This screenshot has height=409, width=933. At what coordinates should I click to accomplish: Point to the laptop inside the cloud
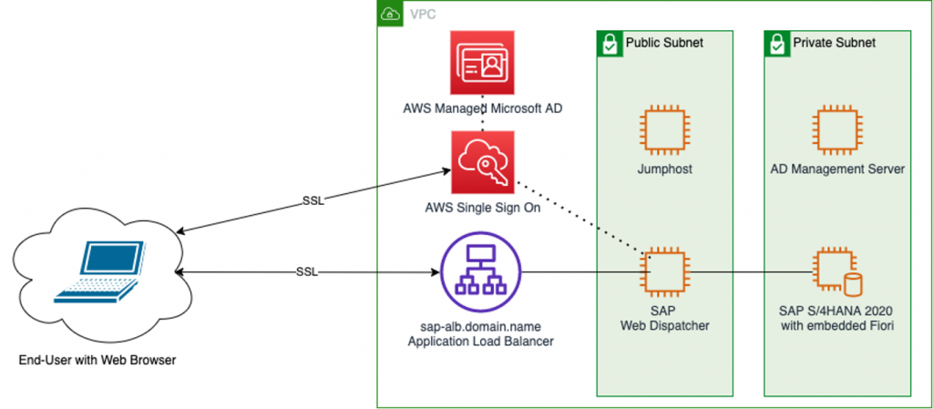[x=99, y=271]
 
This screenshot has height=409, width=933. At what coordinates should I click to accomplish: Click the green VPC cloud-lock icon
[x=389, y=14]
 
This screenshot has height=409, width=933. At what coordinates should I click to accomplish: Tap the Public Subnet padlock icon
[x=609, y=43]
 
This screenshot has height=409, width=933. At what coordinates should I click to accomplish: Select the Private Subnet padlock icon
[x=776, y=43]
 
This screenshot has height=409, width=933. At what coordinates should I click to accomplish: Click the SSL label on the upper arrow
[x=313, y=200]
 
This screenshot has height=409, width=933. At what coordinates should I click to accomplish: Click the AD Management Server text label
[x=837, y=169]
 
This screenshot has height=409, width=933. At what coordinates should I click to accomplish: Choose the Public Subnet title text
[x=664, y=43]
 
